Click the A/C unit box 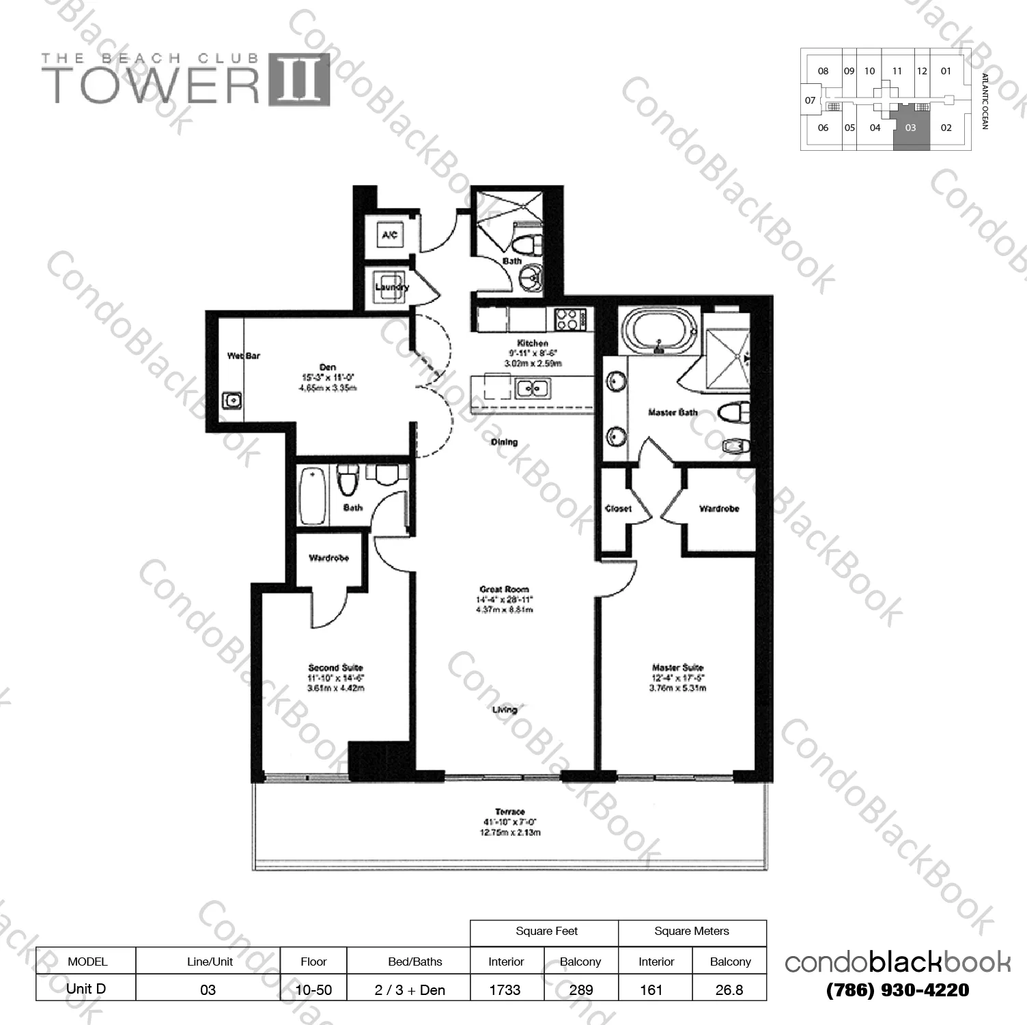(x=389, y=235)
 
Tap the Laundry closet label (x=391, y=287)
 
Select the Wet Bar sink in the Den (x=231, y=400)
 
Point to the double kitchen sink (x=533, y=388)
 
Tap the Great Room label (x=504, y=589)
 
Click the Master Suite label (x=677, y=667)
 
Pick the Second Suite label (x=335, y=667)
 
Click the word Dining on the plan (x=504, y=442)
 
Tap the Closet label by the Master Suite (x=618, y=508)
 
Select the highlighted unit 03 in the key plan (x=910, y=128)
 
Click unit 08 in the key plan (x=823, y=71)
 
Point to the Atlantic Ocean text (x=984, y=101)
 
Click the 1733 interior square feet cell (x=505, y=990)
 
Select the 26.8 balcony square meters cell (x=729, y=990)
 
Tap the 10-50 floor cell (x=313, y=990)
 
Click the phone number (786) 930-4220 (x=897, y=990)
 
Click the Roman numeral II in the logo (x=298, y=80)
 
